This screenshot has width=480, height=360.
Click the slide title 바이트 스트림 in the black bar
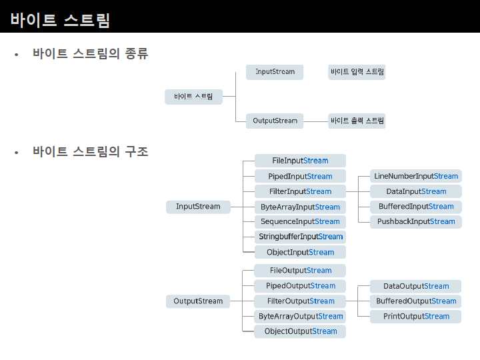(x=60, y=20)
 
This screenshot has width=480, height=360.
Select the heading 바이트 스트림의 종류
(x=90, y=54)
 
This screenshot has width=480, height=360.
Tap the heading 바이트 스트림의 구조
(x=90, y=152)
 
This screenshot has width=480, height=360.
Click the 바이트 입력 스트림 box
(x=357, y=72)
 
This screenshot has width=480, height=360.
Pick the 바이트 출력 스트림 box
(x=357, y=121)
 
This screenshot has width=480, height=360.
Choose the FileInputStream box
(x=300, y=161)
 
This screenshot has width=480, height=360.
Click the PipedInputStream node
(x=300, y=176)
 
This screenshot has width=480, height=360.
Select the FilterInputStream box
(x=300, y=191)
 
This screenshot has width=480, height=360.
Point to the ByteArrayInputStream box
(x=300, y=207)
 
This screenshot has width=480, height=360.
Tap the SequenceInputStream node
(x=300, y=221)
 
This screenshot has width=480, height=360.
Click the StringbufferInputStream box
(x=300, y=237)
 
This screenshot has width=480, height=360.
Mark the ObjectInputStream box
(x=300, y=252)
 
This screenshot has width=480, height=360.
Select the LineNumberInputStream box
(x=416, y=176)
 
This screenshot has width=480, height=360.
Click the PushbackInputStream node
(x=416, y=221)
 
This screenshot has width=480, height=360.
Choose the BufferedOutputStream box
(x=416, y=301)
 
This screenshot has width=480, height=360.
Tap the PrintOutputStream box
(x=416, y=316)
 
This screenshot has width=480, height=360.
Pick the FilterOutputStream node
(x=300, y=301)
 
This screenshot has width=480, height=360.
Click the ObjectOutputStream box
(x=300, y=331)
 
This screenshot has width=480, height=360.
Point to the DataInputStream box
(x=416, y=191)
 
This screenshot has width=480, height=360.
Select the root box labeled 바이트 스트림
(x=193, y=97)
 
